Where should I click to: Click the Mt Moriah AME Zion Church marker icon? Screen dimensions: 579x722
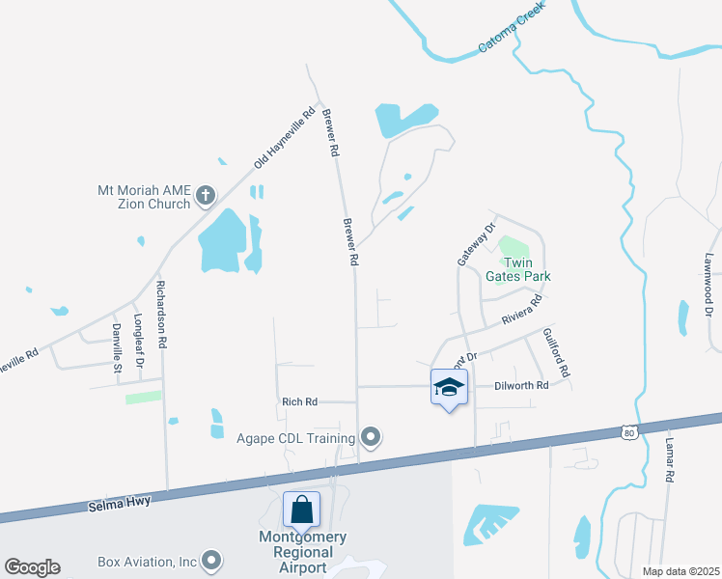[205, 197]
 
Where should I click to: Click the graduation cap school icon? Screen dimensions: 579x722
[449, 388]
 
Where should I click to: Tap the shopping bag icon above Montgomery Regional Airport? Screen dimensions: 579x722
[301, 509]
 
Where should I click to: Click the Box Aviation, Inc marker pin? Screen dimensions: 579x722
[211, 561]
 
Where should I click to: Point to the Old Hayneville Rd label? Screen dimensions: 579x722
[285, 138]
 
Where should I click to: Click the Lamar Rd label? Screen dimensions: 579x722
[668, 458]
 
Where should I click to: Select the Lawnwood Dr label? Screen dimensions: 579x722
[708, 285]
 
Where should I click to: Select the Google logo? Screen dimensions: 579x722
[32, 567]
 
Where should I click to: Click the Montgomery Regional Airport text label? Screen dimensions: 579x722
[302, 552]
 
